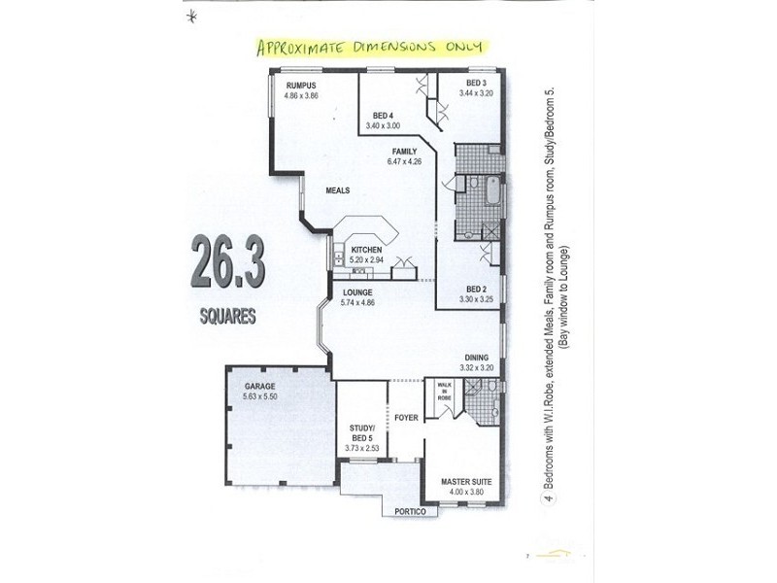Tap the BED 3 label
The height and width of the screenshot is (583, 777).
click(475, 83)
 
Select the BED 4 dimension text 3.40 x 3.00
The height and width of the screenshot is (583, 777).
click(383, 125)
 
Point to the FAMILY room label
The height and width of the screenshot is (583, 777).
click(404, 153)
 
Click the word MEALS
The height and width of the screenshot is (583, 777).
click(337, 190)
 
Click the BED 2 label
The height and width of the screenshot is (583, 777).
click(476, 289)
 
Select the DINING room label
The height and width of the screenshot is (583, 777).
click(475, 357)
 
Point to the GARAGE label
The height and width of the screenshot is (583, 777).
click(259, 386)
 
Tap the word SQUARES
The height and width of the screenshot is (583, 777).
click(227, 316)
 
